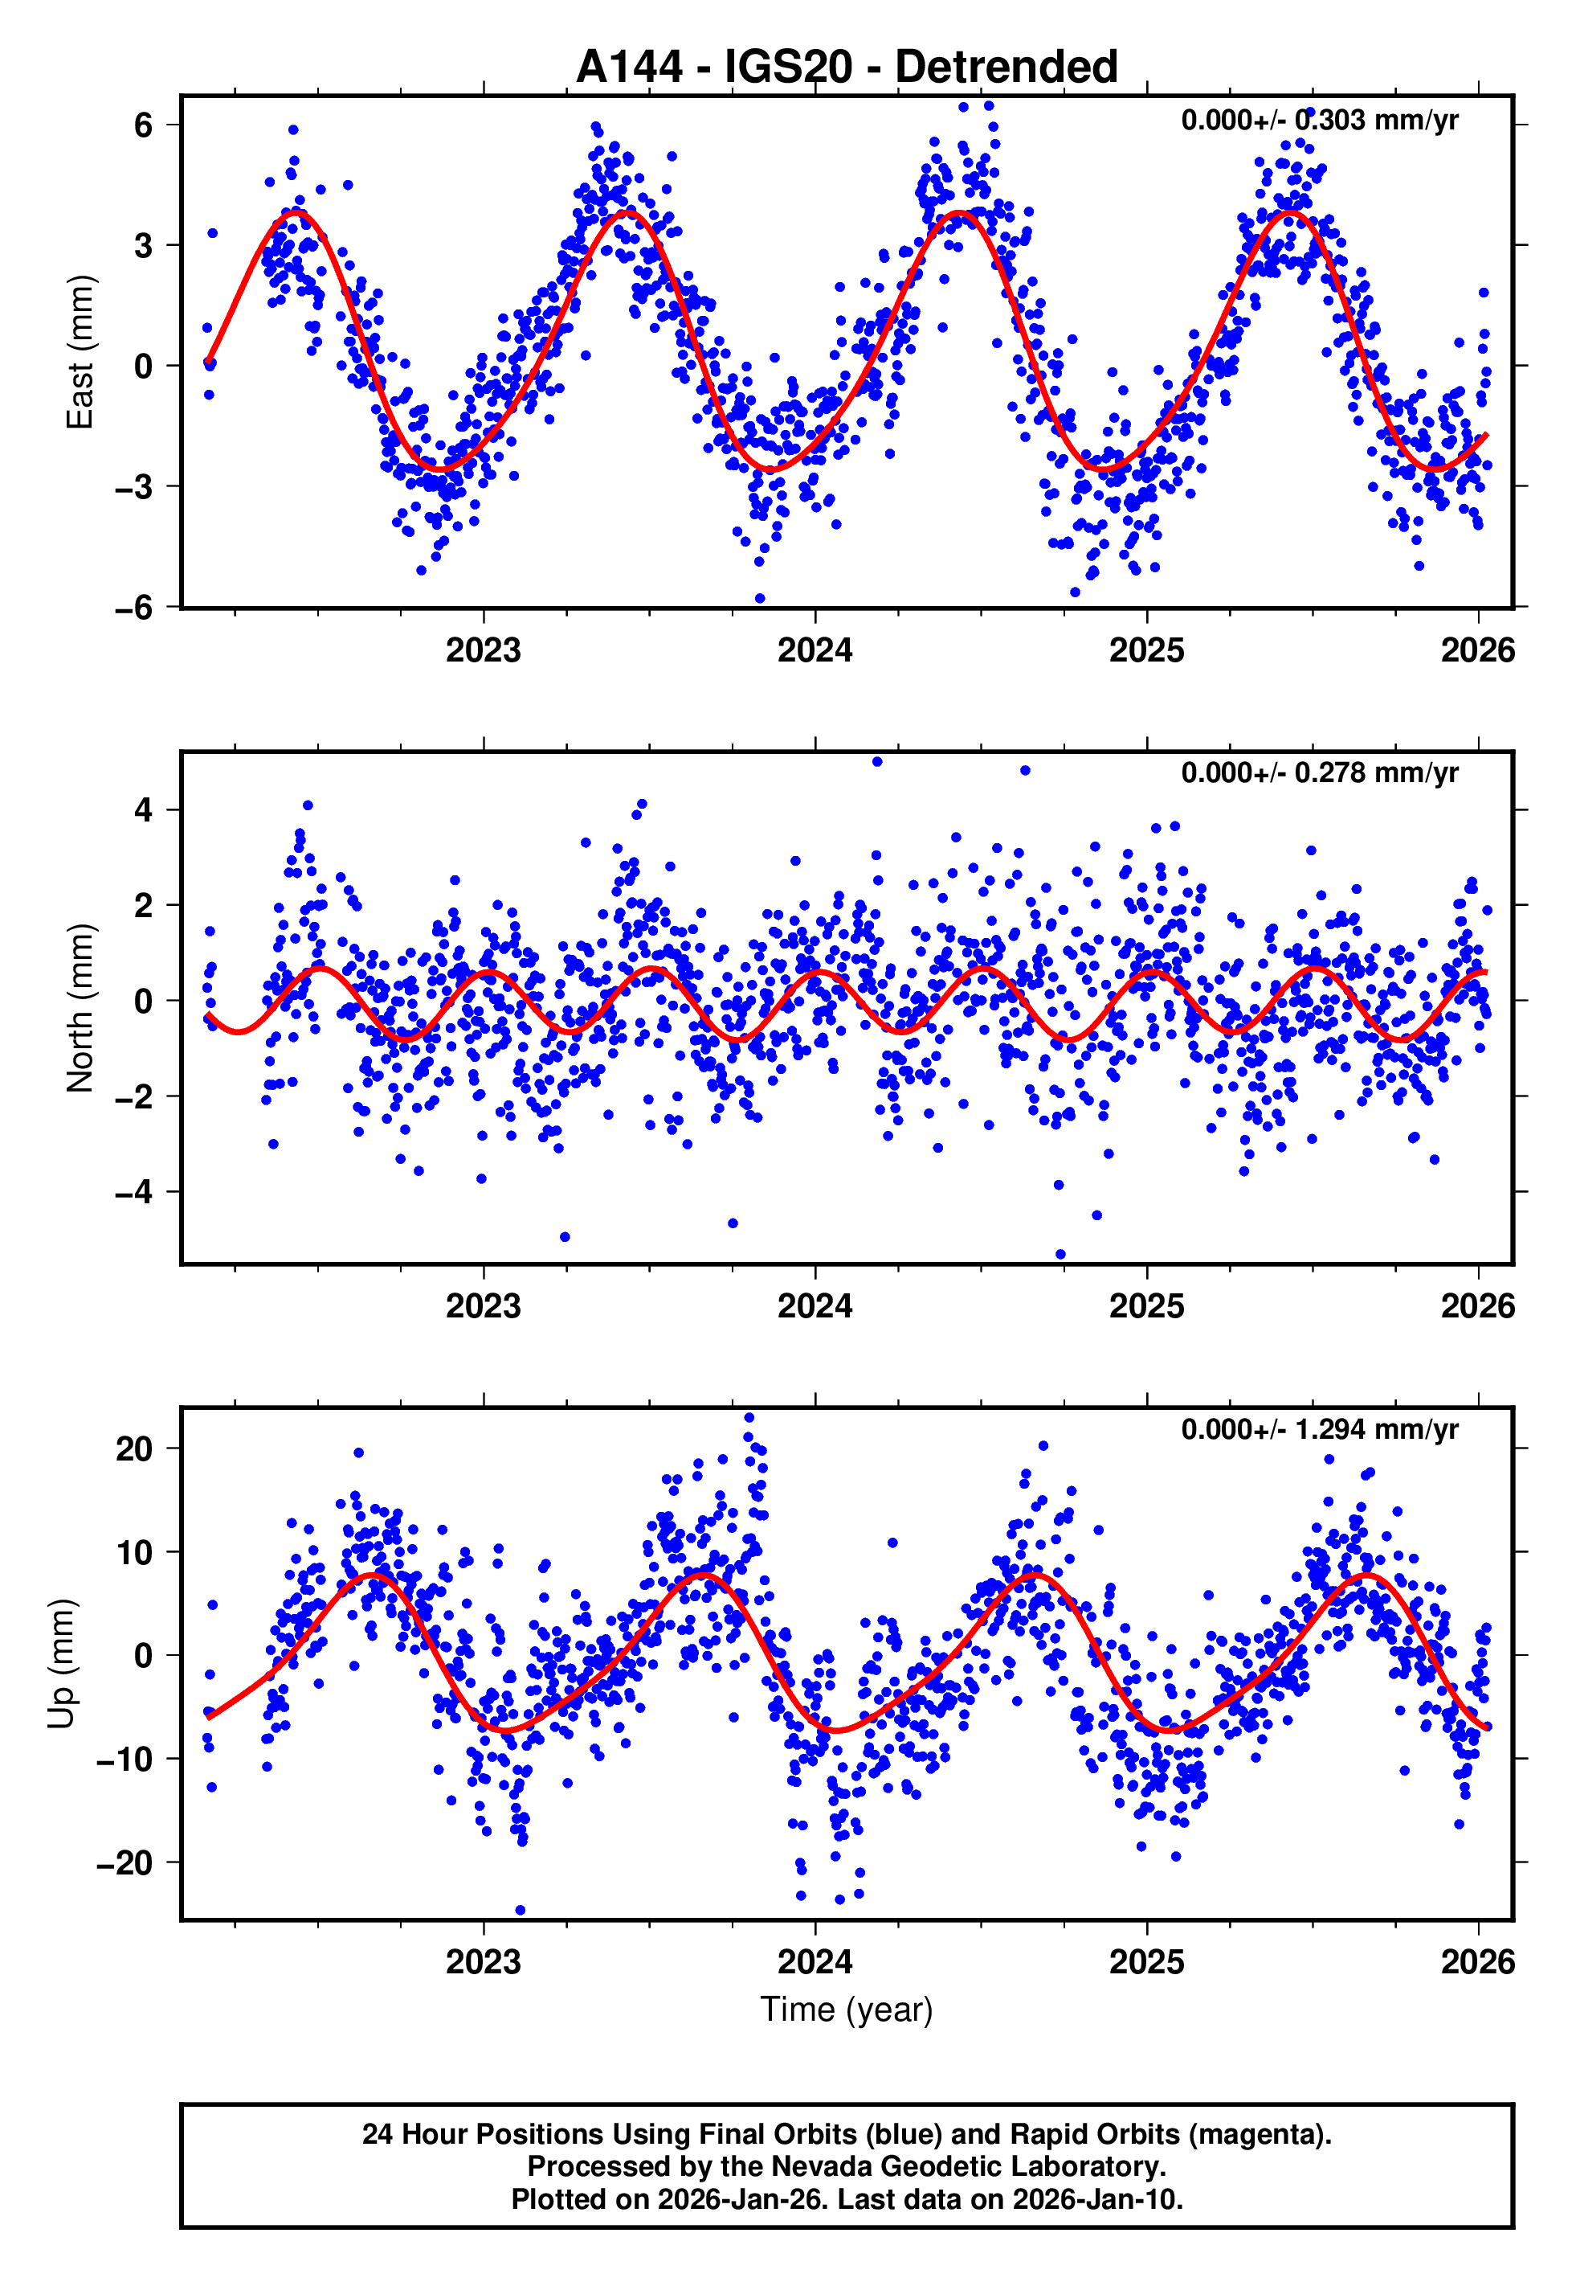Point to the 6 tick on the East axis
click(144, 125)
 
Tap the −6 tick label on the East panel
click(133, 608)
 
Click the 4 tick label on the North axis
click(144, 810)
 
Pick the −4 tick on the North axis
click(133, 1192)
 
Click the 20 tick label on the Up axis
click(134, 1449)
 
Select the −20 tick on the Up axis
click(125, 1863)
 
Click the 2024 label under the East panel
click(815, 650)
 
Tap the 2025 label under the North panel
click(1145, 1306)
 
